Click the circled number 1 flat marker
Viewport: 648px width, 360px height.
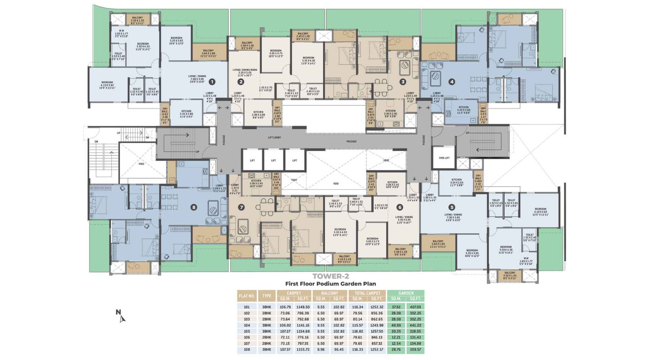click(x=212, y=82)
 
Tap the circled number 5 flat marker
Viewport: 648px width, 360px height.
click(x=452, y=207)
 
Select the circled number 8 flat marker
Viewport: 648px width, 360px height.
click(x=194, y=207)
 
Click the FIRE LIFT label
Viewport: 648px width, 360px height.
click(x=444, y=158)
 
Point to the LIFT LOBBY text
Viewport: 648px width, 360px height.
click(x=274, y=138)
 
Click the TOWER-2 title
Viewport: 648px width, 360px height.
click(x=330, y=277)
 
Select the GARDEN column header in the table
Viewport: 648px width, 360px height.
click(x=406, y=293)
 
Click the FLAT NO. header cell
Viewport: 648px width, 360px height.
click(x=247, y=296)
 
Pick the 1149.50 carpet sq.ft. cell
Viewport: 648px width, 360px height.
click(x=303, y=307)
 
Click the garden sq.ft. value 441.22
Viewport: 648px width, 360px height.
click(x=415, y=325)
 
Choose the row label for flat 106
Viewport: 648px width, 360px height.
click(x=247, y=337)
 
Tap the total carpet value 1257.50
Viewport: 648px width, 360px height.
click(x=376, y=331)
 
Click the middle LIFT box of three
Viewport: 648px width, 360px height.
click(x=273, y=160)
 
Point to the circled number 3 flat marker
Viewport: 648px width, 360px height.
click(x=403, y=82)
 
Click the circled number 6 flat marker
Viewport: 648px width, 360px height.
click(x=400, y=207)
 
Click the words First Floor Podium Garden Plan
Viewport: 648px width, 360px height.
click(x=330, y=284)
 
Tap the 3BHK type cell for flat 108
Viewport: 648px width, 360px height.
click(x=266, y=349)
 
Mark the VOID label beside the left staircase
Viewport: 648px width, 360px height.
click(x=141, y=164)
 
